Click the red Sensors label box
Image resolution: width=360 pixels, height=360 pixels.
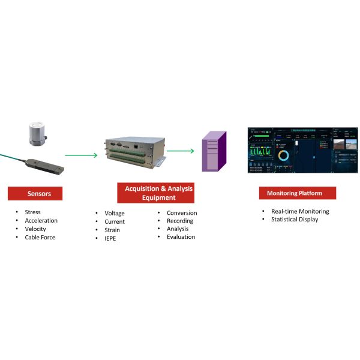(38, 194)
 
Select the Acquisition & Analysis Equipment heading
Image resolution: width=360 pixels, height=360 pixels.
(159, 193)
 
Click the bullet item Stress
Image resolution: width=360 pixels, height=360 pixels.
(32, 212)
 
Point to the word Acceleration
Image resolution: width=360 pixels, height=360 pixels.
(41, 221)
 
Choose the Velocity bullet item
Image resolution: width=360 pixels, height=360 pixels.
(35, 229)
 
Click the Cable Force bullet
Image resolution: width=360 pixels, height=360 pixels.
(40, 238)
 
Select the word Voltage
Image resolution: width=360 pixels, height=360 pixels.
(114, 214)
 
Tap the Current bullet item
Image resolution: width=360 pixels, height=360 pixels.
(114, 222)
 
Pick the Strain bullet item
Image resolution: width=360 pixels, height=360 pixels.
(112, 230)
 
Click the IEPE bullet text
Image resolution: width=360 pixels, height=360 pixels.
(111, 239)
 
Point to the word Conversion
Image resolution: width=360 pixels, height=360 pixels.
(181, 213)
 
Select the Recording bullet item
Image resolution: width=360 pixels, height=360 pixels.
(180, 221)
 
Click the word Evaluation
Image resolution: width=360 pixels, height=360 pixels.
(181, 237)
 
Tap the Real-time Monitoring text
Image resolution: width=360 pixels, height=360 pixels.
(300, 211)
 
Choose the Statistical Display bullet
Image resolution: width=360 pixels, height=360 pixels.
(295, 220)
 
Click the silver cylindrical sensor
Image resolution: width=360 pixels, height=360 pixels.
(40, 136)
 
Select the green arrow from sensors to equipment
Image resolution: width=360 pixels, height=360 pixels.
(80, 155)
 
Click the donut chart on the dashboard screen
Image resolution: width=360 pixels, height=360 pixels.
(284, 155)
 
